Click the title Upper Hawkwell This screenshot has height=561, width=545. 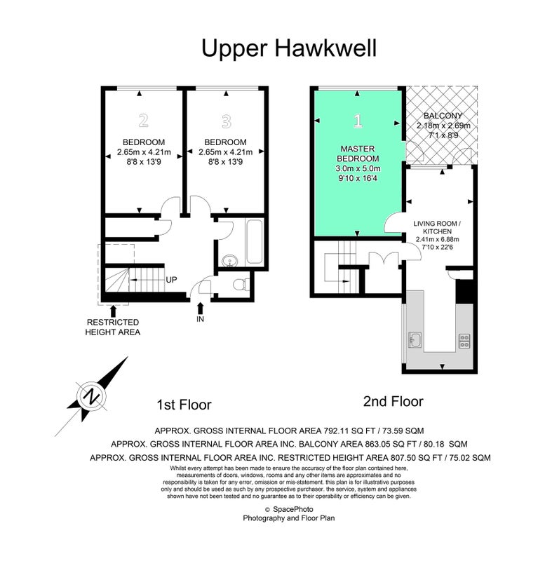289,48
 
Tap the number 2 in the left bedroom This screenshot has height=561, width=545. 144,121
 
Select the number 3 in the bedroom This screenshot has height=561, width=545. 226,121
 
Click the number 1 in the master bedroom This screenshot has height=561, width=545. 358,121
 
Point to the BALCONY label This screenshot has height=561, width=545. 443,116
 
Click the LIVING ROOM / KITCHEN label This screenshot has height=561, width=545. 437,227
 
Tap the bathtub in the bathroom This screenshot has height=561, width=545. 255,241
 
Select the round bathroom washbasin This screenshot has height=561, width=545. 230,261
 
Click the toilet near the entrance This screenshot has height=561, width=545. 241,285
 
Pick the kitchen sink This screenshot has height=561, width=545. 415,340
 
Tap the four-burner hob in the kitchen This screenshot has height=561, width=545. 464,342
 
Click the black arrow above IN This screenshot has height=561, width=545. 201,308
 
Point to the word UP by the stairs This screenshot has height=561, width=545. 171,280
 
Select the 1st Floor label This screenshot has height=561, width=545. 184,405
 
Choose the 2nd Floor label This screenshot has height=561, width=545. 393,401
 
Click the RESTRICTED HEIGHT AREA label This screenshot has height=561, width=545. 113,327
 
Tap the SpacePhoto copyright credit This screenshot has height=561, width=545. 289,509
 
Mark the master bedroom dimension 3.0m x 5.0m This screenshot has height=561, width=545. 358,168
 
